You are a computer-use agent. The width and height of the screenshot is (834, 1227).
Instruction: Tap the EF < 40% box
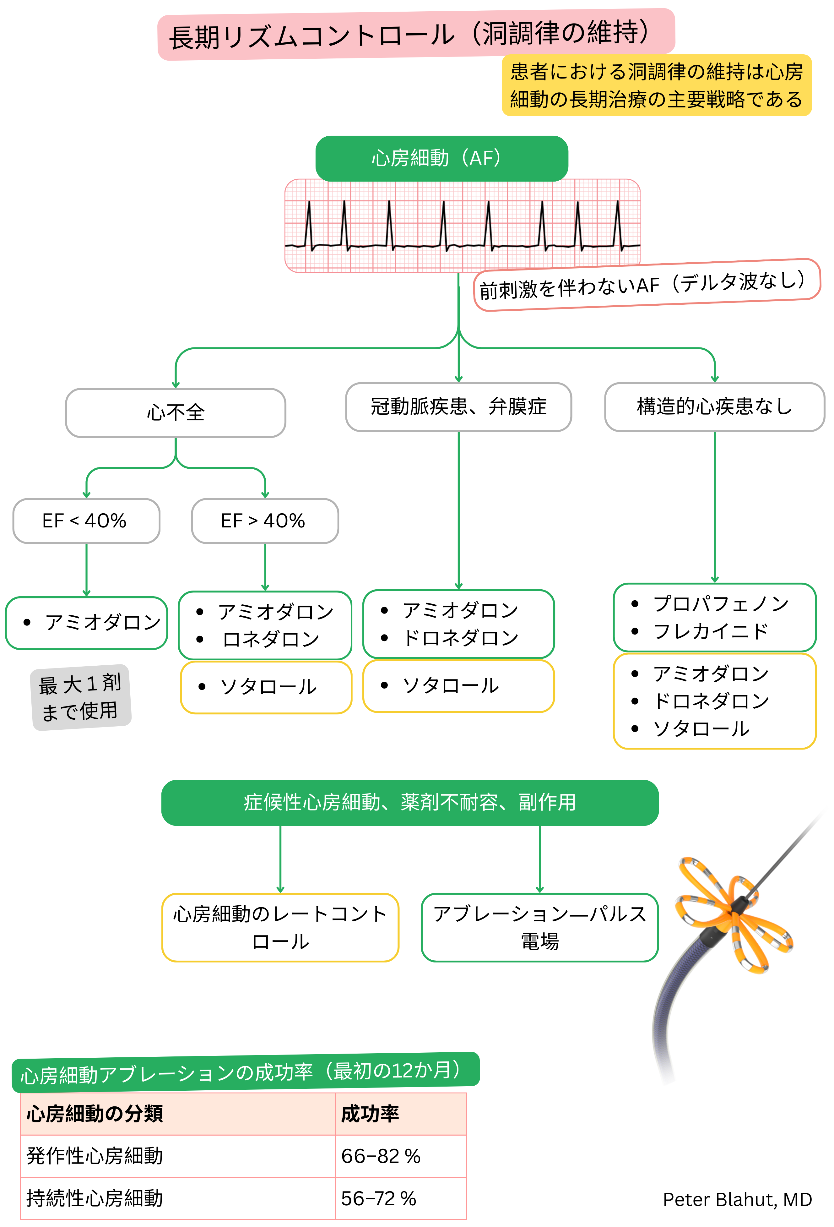[x=86, y=521]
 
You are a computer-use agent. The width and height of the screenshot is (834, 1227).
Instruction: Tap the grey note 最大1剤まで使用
[x=81, y=697]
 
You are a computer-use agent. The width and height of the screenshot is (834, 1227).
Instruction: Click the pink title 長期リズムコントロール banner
[x=416, y=34]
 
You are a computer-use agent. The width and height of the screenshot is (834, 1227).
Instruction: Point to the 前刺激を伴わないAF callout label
[x=646, y=285]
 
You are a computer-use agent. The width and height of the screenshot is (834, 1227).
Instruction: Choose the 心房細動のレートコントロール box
[x=280, y=928]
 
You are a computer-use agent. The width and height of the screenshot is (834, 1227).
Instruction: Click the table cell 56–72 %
[x=378, y=1198]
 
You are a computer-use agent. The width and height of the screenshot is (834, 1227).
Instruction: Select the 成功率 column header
[x=370, y=1114]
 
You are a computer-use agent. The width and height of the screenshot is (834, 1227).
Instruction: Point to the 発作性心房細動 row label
[x=95, y=1156]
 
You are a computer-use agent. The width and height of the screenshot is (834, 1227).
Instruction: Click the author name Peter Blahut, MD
[x=737, y=1200]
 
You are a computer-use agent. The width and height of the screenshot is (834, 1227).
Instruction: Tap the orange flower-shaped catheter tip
[x=734, y=913]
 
